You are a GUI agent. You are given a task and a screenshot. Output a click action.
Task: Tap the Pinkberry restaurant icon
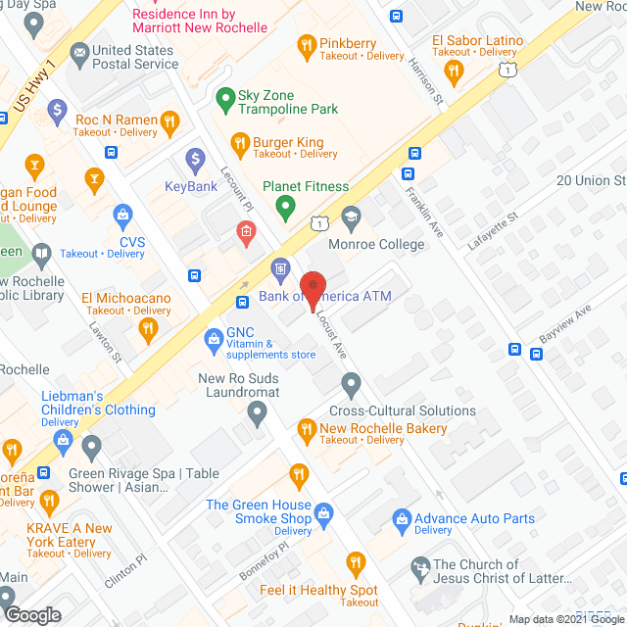[x=307, y=43]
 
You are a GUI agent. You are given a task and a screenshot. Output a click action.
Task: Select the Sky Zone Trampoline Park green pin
[x=224, y=99]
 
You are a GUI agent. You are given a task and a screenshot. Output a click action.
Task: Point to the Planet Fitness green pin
[x=285, y=207]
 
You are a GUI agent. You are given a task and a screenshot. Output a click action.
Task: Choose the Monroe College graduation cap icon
[x=350, y=216]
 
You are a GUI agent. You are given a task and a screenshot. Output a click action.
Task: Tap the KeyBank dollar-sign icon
[x=195, y=158]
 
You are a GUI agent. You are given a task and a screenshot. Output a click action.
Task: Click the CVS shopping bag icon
[x=123, y=214]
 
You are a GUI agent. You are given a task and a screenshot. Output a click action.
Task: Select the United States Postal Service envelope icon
[x=79, y=52]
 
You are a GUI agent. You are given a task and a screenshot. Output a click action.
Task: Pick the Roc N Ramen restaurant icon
[x=170, y=121]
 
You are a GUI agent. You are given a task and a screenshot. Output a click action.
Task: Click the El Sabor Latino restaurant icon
[x=453, y=70]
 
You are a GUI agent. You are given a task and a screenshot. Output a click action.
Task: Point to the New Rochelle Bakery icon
[x=306, y=428]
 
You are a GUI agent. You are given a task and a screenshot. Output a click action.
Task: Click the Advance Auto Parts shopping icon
[x=401, y=518]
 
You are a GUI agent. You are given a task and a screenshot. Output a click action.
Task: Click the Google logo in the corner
[x=32, y=614]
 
